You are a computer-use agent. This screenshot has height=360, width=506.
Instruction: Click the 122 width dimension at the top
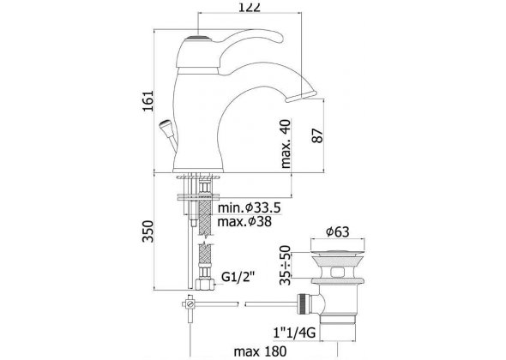click(249, 7)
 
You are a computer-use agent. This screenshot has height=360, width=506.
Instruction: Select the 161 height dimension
click(148, 101)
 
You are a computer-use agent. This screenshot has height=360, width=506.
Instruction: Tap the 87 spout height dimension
click(317, 135)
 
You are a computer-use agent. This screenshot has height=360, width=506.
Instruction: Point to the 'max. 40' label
click(286, 144)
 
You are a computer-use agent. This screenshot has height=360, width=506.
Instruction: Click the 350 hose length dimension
click(148, 231)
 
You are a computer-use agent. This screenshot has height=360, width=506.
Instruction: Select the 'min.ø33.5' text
click(249, 207)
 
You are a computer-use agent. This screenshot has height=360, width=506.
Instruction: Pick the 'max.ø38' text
click(244, 222)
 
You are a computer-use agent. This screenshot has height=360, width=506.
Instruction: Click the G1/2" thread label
click(238, 277)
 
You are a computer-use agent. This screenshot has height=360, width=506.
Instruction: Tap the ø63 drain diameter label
click(338, 231)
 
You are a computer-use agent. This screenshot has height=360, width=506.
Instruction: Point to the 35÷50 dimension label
click(286, 265)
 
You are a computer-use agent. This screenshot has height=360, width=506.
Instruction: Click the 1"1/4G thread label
click(294, 333)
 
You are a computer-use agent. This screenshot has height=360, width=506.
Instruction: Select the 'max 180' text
click(260, 351)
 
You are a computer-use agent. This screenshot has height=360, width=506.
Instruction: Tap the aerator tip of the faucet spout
click(301, 97)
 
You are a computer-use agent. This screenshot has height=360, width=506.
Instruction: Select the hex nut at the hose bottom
click(205, 284)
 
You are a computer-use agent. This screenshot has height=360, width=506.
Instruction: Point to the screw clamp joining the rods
click(190, 303)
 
